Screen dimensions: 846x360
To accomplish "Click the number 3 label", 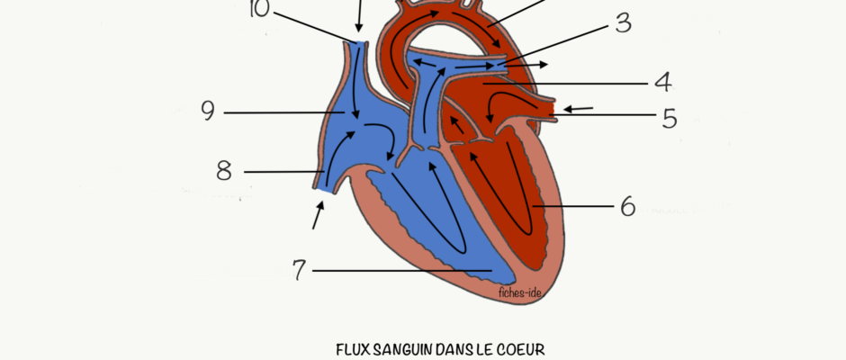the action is coord(623,23).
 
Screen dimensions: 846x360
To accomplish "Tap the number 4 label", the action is coord(663,83).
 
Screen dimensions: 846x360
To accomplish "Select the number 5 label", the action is coord(670,118).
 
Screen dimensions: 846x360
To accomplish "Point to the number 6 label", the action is coord(627,206).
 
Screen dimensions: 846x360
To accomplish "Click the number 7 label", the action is coord(299,270).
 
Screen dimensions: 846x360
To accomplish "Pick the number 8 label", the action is coord(224,171).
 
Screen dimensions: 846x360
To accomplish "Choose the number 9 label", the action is coord(208,112).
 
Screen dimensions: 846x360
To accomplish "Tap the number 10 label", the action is coord(259,9).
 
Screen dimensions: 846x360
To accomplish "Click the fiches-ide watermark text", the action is coord(520,293).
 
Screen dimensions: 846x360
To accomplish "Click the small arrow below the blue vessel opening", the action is coord(319,215).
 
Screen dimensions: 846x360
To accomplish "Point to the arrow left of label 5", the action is coord(579,109).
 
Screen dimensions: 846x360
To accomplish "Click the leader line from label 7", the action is coord(402,270).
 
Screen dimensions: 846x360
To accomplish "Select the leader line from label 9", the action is coord(284,112).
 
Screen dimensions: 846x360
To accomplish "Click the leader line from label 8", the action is coord(283,172).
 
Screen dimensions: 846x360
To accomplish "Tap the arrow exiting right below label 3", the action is coord(526,65).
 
